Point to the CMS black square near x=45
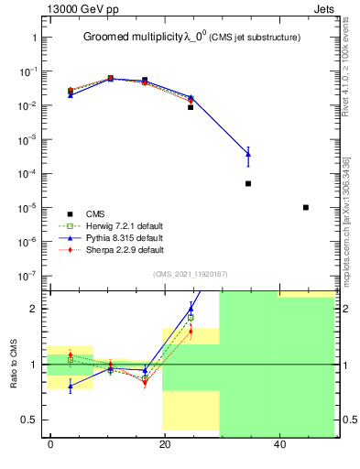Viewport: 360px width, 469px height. coord(306,208)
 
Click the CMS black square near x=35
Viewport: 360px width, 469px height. coord(248,184)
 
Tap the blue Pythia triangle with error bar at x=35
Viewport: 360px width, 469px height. coord(248,154)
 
